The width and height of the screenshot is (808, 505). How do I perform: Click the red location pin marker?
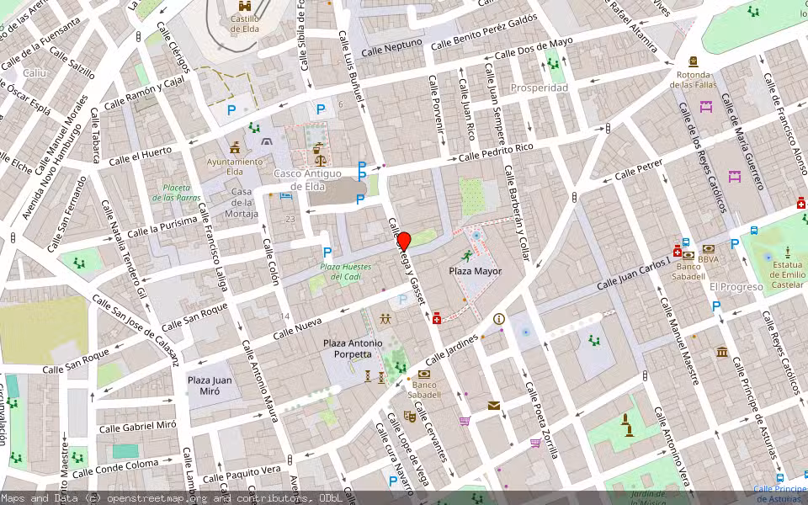(x=403, y=240)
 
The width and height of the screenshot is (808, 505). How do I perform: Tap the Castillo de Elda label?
(x=244, y=23)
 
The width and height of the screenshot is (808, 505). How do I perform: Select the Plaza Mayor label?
(x=475, y=271)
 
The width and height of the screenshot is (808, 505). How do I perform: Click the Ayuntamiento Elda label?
(x=235, y=166)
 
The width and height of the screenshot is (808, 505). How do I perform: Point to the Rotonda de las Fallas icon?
(x=693, y=62)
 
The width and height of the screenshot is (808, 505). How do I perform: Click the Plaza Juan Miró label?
(x=210, y=385)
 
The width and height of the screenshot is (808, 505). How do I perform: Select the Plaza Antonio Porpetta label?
(x=353, y=348)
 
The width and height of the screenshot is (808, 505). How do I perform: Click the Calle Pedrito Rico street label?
(x=496, y=152)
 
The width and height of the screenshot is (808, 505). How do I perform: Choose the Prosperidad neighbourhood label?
(x=540, y=88)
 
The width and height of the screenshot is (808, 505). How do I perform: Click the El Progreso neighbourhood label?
(x=736, y=287)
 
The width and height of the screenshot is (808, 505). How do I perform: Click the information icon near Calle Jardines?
(x=499, y=319)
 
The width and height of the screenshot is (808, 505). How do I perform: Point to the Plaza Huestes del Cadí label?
(x=345, y=272)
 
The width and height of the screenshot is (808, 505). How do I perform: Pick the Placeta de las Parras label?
(x=177, y=193)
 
